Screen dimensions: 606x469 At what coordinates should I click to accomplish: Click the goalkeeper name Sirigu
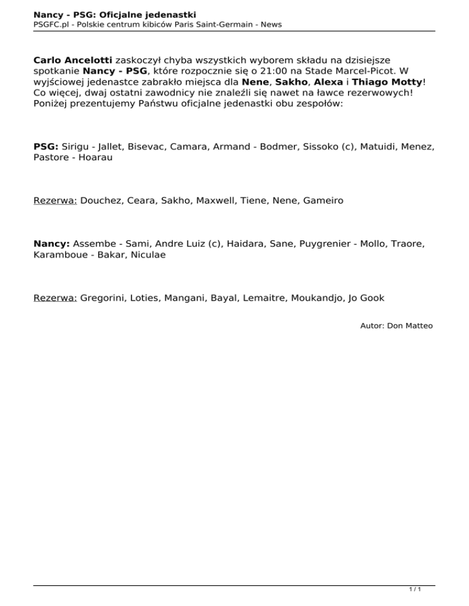click(x=79, y=147)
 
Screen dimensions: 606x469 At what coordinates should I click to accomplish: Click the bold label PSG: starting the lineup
click(x=46, y=147)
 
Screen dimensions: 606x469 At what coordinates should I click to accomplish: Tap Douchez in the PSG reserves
click(x=101, y=200)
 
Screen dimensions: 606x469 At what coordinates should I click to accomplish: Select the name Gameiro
click(x=323, y=200)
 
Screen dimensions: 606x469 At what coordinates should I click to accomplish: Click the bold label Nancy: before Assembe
click(x=50, y=243)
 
